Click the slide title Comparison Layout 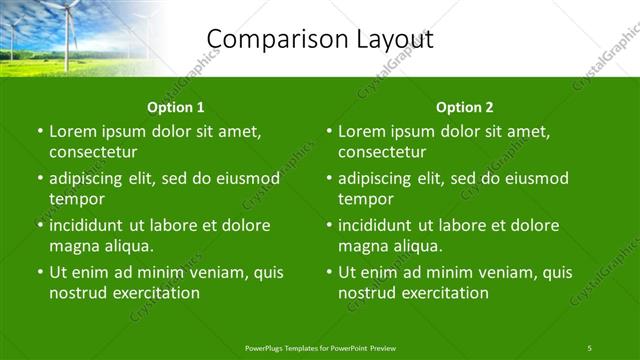(320, 39)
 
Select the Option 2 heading (465, 107)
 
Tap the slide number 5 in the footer (590, 347)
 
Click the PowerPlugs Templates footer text (320, 347)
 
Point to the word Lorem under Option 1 (72, 131)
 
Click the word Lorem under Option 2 (361, 131)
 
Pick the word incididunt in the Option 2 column (381, 225)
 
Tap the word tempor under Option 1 (76, 199)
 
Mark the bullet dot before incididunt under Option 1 (39, 226)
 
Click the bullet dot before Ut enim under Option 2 (328, 273)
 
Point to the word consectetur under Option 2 (382, 152)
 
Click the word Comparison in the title (262, 39)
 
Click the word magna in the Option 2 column (362, 246)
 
